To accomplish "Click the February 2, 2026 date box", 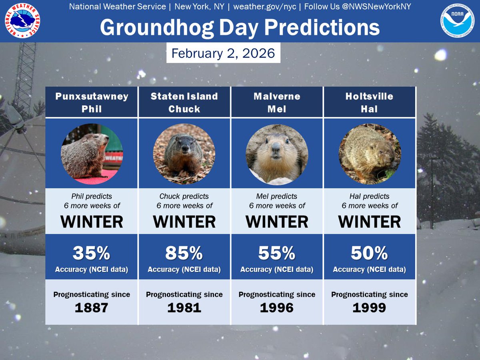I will tap(223, 53).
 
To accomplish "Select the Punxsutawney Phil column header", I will tap(92, 102).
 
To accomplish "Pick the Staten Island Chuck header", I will tap(184, 102).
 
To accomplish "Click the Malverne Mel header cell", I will tap(277, 102).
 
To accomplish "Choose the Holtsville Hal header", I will tap(370, 102).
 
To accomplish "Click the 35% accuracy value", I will tap(91, 253).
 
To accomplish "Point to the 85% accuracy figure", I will tap(184, 253).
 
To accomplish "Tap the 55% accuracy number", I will tap(277, 253).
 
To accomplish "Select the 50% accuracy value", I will tap(370, 253).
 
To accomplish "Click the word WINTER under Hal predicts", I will tap(370, 222).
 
